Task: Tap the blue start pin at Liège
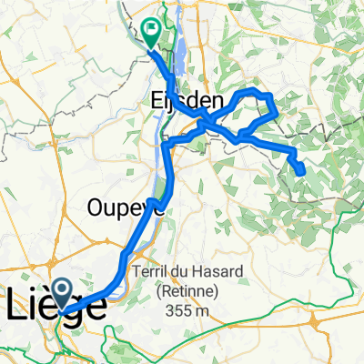[x=63, y=294]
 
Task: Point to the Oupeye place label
[x=126, y=207]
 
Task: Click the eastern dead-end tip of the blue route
[x=301, y=170]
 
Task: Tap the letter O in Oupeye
[x=96, y=207]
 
